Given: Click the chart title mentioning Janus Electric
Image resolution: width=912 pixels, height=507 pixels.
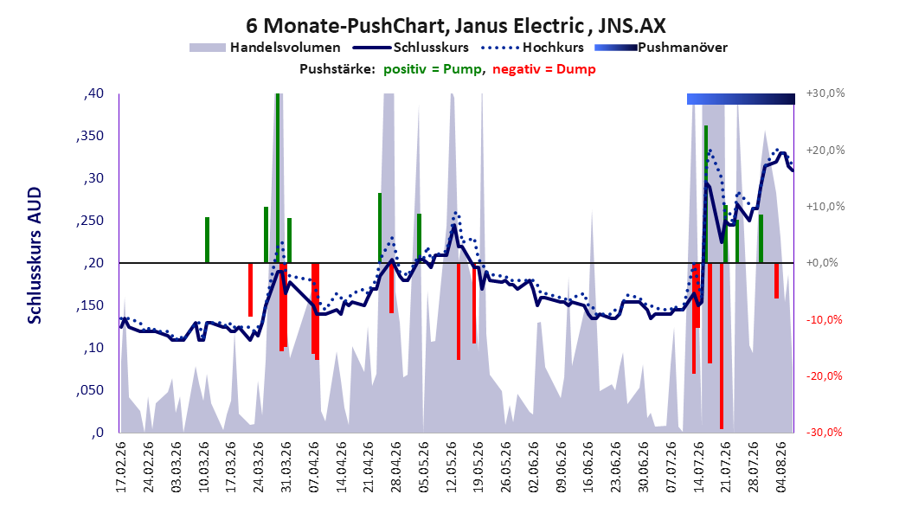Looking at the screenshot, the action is click(x=455, y=26).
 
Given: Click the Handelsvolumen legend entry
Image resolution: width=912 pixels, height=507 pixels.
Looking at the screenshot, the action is click(x=266, y=48).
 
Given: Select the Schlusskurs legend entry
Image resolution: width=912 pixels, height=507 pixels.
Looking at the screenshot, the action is click(x=411, y=48).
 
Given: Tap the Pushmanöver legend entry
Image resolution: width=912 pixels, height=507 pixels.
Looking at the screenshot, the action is click(x=661, y=48).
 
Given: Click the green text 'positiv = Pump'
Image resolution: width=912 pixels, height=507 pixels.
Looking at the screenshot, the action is click(x=433, y=69).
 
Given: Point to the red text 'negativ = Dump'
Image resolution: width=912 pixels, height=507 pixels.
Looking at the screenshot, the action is click(x=544, y=69).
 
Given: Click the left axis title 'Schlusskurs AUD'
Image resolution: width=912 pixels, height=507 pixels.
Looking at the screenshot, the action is click(x=35, y=255).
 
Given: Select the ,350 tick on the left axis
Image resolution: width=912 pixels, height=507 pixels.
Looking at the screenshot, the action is click(x=90, y=136).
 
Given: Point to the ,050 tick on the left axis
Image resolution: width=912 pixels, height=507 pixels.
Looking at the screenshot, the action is click(x=90, y=390).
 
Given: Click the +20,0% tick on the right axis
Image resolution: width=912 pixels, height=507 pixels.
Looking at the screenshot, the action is click(x=825, y=150).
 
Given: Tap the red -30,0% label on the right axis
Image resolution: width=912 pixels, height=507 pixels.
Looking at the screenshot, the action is click(x=824, y=433).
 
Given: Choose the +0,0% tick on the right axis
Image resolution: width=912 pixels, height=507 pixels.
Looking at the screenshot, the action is click(x=822, y=263).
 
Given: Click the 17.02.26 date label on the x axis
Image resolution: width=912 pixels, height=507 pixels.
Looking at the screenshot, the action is click(x=121, y=467).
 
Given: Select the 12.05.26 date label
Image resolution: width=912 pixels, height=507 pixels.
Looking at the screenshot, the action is click(x=452, y=467).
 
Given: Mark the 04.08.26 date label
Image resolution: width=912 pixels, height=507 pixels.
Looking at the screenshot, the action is click(x=781, y=467).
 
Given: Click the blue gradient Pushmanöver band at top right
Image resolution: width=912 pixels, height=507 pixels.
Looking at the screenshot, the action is click(x=741, y=99).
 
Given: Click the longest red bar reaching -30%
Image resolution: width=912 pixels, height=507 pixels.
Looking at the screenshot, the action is click(x=722, y=346).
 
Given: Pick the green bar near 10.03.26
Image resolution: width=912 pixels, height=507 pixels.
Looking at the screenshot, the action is click(x=207, y=241).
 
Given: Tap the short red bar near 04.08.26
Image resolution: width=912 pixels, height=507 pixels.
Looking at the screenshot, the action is click(x=776, y=281).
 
